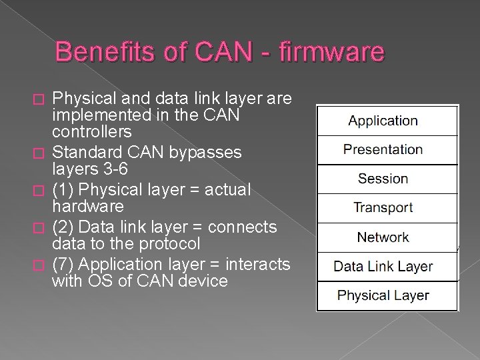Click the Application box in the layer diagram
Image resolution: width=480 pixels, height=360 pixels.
pyautogui.click(x=387, y=121)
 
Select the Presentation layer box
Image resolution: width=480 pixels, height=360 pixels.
pyautogui.click(x=387, y=150)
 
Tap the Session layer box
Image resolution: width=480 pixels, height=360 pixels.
pyautogui.click(x=387, y=179)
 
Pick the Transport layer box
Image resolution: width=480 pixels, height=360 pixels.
pyautogui.click(x=387, y=208)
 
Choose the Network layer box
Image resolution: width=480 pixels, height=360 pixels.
pyautogui.click(x=387, y=237)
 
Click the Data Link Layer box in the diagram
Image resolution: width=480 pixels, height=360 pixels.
pyautogui.click(x=387, y=267)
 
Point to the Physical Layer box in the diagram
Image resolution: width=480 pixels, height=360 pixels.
pyautogui.click(x=387, y=295)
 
